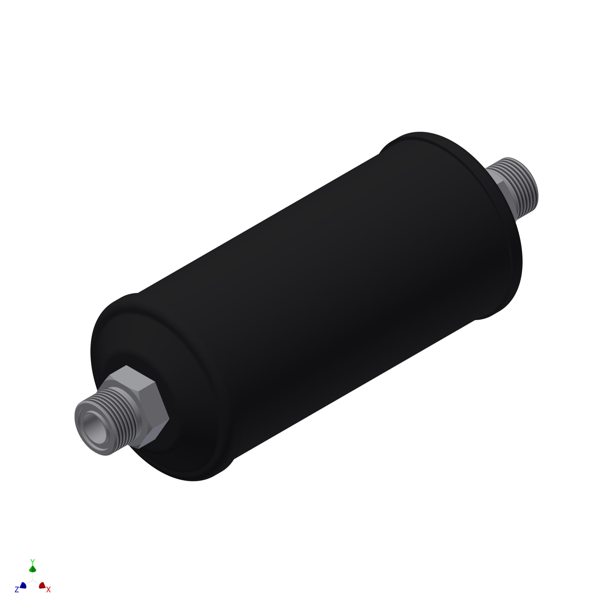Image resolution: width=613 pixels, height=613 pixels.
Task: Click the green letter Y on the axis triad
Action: [x=32, y=562]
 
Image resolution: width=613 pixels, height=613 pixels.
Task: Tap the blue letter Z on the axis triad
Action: [x=17, y=589]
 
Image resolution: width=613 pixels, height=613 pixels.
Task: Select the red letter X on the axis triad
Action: [x=48, y=589]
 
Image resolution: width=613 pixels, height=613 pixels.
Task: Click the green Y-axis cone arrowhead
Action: [x=32, y=569]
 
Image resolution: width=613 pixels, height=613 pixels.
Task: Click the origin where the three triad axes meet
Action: [x=32, y=580]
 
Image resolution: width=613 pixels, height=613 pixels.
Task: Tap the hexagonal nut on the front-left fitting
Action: [x=146, y=409]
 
